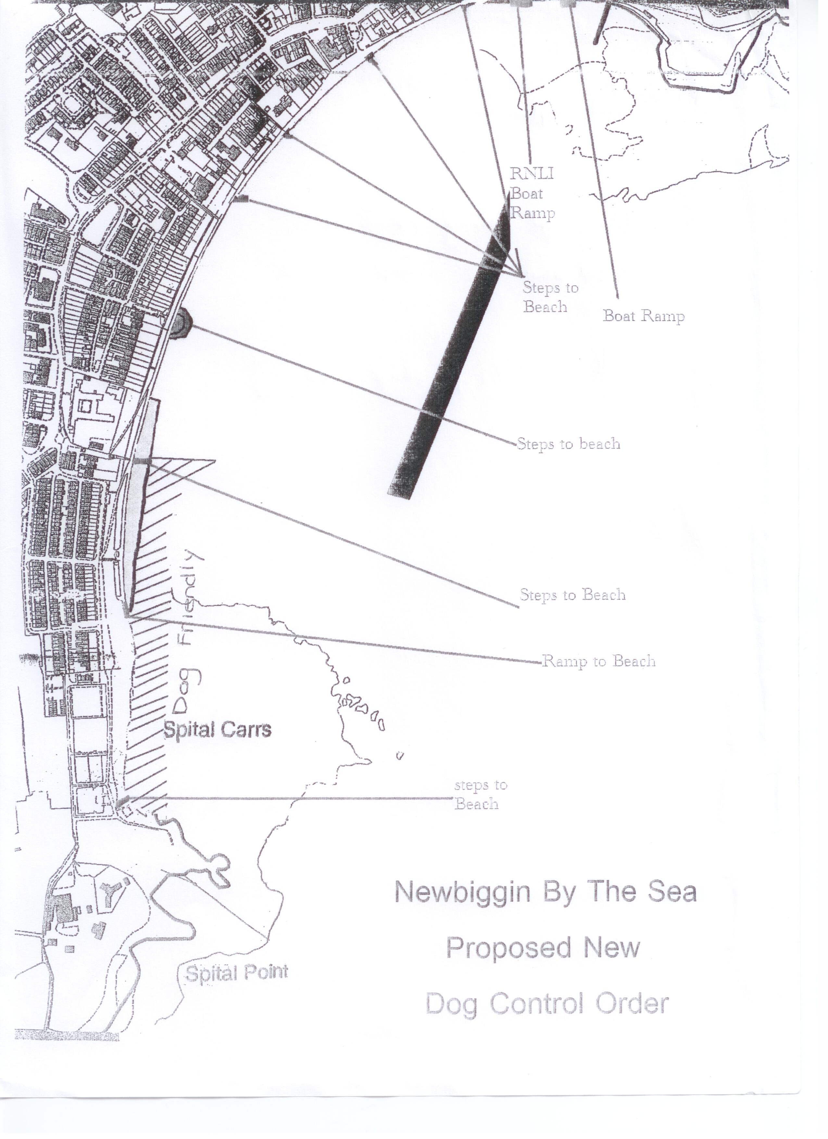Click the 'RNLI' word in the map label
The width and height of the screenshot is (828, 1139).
(532, 174)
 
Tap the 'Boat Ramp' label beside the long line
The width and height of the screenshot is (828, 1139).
(643, 316)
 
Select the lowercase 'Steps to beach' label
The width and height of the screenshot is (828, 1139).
(569, 444)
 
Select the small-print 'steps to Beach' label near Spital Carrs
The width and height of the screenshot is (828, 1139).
(481, 795)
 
